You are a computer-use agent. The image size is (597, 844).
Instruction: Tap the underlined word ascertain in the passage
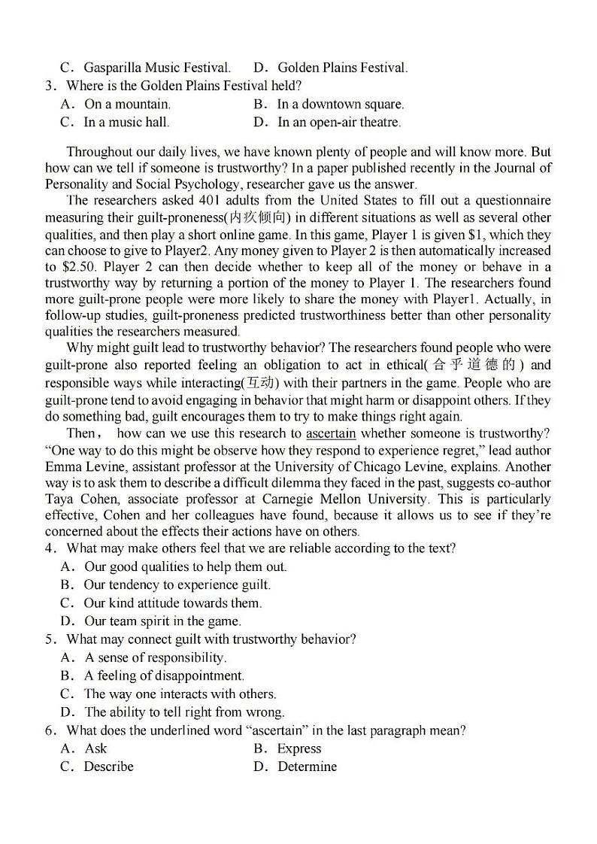click(x=331, y=433)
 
